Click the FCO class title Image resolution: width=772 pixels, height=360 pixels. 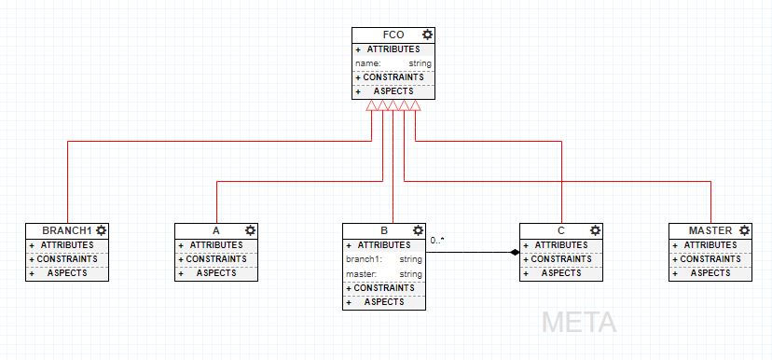click(x=393, y=35)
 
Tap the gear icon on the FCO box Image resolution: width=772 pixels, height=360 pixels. click(x=427, y=35)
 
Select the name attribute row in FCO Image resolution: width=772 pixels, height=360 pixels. click(x=393, y=63)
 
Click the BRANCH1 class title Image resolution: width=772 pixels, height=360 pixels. click(x=67, y=230)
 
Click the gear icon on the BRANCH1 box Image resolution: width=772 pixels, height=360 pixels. click(x=101, y=230)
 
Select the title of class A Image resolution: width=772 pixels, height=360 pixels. click(x=216, y=230)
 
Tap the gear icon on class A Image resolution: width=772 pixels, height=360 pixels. click(x=250, y=230)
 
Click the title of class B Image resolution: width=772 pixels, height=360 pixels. click(x=384, y=230)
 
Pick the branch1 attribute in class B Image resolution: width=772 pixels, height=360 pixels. click(x=384, y=259)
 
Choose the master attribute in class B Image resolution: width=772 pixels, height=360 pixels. click(x=384, y=274)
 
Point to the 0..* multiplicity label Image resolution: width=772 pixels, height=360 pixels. click(x=437, y=241)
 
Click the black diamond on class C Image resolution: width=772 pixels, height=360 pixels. click(x=514, y=252)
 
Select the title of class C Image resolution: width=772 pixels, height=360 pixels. click(x=561, y=230)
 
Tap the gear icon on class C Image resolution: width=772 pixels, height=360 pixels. click(x=595, y=230)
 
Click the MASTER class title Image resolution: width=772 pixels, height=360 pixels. click(x=710, y=230)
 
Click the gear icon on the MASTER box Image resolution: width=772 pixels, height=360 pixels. click(x=744, y=230)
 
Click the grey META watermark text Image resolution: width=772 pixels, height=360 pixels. click(x=579, y=323)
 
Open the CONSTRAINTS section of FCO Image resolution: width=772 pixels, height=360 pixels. click(x=393, y=77)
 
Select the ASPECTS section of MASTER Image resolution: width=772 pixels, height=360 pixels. click(x=710, y=273)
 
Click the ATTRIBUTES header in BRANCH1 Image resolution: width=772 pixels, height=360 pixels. click(x=67, y=245)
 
